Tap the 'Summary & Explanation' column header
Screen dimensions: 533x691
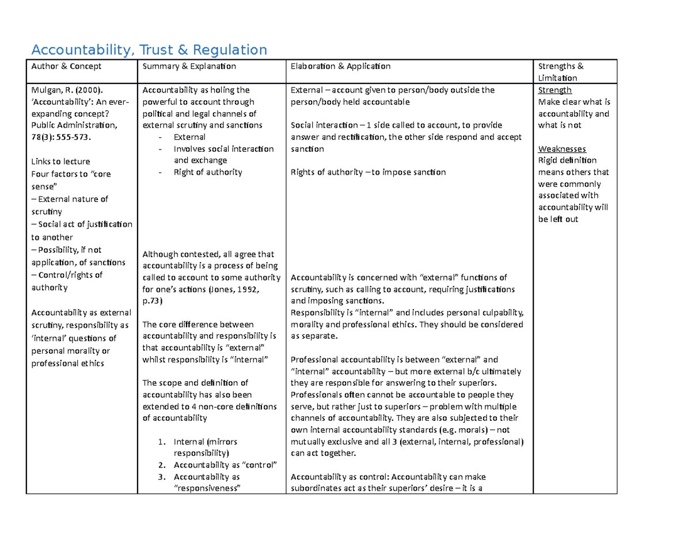(x=189, y=66)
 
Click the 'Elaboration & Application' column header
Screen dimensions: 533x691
(x=340, y=66)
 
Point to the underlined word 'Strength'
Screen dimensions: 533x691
(x=555, y=90)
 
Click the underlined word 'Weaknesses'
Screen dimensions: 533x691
(x=562, y=148)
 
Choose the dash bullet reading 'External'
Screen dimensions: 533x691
(x=189, y=137)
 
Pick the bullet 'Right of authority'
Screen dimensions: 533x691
(x=208, y=172)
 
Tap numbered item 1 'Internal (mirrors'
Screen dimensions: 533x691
(x=205, y=442)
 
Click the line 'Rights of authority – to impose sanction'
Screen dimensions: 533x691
(x=368, y=172)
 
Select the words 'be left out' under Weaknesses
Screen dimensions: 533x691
(x=558, y=219)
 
